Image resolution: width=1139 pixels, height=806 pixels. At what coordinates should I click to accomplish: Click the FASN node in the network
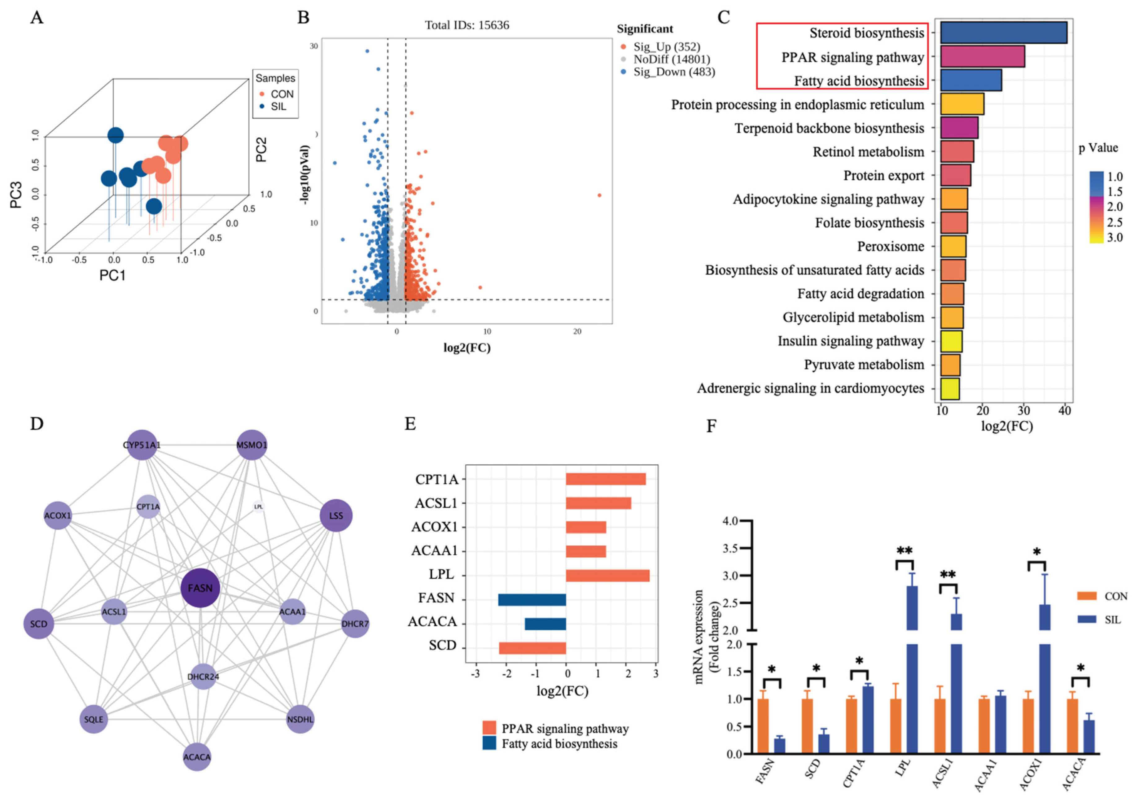point(200,588)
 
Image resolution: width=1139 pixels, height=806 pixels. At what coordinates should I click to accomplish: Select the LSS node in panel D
point(336,516)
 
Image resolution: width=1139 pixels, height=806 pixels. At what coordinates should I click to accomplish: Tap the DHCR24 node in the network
point(203,677)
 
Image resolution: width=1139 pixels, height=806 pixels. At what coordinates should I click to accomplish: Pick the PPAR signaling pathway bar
point(982,57)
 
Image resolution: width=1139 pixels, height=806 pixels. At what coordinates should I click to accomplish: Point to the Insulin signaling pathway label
point(850,341)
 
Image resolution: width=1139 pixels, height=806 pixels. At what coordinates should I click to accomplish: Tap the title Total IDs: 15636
point(467,25)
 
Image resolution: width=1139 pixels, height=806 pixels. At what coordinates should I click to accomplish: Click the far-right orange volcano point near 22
point(599,195)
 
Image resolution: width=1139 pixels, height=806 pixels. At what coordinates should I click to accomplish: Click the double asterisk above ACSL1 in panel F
point(948,575)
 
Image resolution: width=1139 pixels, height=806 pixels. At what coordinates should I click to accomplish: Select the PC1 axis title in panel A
point(113,275)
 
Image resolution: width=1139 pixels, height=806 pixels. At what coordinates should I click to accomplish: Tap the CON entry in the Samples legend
point(281,94)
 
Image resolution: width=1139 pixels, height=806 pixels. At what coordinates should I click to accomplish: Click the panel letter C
point(724,17)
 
